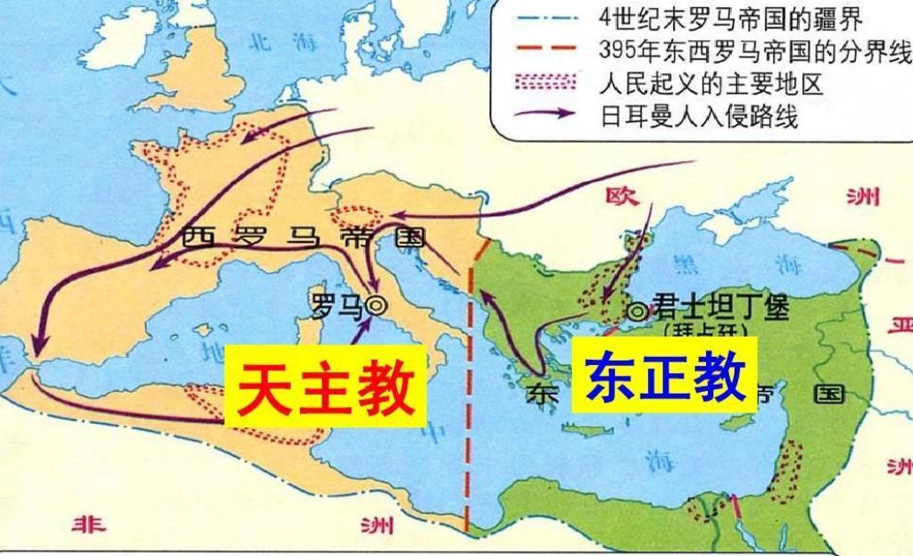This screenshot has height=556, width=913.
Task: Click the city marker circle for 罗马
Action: click(378, 305)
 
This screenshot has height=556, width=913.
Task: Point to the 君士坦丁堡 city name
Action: click(720, 306)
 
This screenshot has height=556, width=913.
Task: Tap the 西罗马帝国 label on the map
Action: click(301, 237)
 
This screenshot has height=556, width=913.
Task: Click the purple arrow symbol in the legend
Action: click(544, 116)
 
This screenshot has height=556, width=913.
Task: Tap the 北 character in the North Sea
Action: click(258, 40)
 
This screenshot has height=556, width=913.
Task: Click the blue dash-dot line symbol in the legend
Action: click(544, 16)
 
